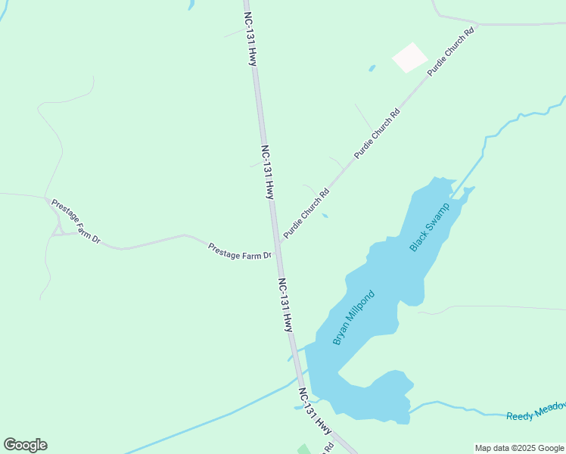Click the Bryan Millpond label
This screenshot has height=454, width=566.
(354, 318)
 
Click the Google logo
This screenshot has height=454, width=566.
(25, 445)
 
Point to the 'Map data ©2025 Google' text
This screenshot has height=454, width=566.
(520, 448)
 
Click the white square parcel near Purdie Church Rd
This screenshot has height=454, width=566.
(409, 58)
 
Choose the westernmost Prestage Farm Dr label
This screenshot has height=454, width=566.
(75, 221)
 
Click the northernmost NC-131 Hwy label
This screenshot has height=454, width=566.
(250, 38)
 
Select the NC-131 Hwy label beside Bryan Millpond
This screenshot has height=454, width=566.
(285, 305)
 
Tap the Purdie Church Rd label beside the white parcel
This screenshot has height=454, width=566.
(449, 51)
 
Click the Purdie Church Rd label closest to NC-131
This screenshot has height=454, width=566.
(306, 214)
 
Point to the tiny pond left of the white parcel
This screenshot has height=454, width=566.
(372, 69)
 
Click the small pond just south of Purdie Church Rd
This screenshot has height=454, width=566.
(325, 216)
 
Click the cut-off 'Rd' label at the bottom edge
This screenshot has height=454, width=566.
(329, 449)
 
